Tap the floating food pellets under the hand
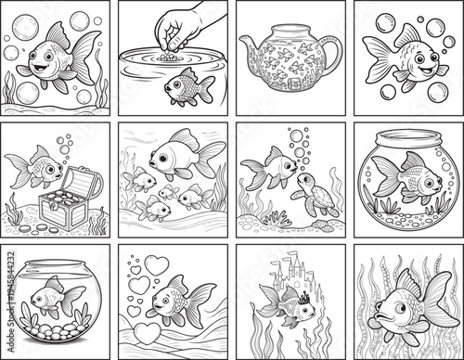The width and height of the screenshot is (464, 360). click(167, 57)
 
